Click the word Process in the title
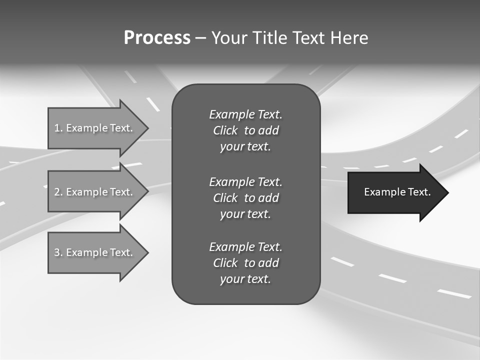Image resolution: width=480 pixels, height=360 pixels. (157, 38)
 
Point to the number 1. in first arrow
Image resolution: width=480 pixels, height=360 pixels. (58, 128)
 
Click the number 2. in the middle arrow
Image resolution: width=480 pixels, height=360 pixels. (58, 192)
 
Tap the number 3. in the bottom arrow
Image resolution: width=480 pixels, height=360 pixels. (58, 252)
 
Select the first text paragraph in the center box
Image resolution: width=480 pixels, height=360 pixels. (245, 130)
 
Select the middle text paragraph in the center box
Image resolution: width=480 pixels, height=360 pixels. (245, 198)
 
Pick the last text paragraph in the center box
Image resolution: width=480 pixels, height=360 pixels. (245, 263)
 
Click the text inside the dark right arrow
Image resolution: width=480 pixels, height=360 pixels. (397, 192)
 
